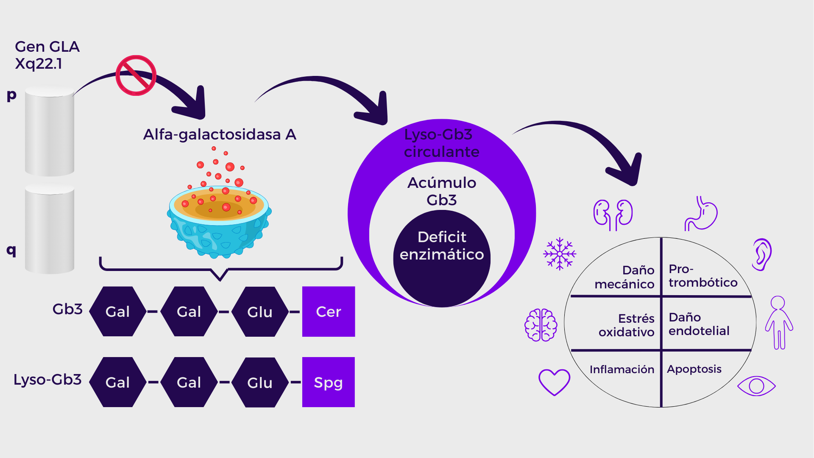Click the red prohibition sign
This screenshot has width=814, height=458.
point(136,75)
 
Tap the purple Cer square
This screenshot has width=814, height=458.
point(328,312)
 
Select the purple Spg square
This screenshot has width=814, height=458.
point(328,382)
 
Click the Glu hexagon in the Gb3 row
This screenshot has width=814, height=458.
point(260,312)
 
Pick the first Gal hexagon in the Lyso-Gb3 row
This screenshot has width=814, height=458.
point(117,382)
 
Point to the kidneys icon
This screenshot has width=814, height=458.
point(613,214)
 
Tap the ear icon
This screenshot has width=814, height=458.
point(762,254)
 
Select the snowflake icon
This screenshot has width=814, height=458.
point(560,254)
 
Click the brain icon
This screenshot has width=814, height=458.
point(541,325)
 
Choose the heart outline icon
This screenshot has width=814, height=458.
point(554,382)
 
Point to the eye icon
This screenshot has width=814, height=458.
point(756,386)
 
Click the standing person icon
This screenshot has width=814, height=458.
point(779,322)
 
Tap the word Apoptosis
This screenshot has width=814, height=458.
point(694,369)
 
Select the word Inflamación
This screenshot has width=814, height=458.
point(622,369)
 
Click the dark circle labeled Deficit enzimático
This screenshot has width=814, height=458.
point(442,259)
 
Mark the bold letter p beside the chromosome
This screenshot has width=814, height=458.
point(11,95)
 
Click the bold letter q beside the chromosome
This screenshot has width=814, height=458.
point(11,250)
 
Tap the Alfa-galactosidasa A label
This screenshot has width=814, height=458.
point(220,134)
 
